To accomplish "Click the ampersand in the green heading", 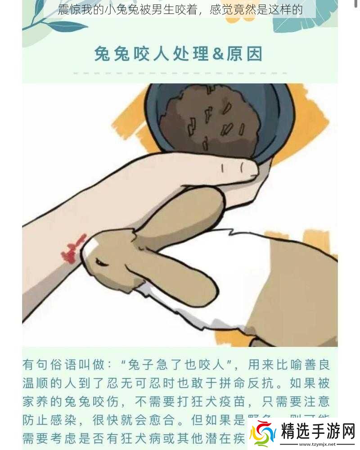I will pos(218,54).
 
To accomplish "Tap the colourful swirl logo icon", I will pos(263,433).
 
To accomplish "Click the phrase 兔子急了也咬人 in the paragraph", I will pos(173,364).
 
